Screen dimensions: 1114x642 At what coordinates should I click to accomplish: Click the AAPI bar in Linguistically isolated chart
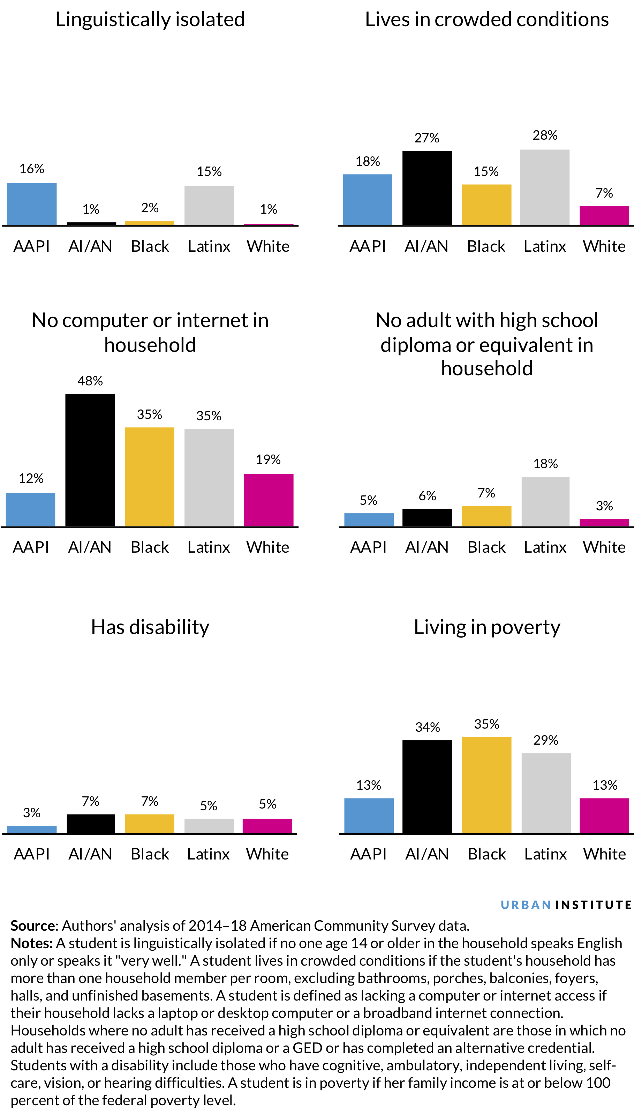point(32,204)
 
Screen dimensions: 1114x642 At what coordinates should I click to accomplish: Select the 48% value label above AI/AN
point(90,381)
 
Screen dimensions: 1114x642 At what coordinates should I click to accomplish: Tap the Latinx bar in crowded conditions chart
point(545,187)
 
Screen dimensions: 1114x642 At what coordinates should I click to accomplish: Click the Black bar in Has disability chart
point(150,824)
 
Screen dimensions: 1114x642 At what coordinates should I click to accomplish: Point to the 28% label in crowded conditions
point(545,135)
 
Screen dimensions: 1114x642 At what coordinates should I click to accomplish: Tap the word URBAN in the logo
point(526,905)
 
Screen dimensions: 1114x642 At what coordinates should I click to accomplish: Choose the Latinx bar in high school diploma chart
point(545,501)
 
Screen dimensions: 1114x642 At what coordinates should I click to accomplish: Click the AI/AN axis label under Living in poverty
point(427,854)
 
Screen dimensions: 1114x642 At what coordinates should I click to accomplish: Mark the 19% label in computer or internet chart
point(268,459)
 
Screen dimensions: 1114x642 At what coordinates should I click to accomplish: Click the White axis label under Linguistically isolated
point(268,246)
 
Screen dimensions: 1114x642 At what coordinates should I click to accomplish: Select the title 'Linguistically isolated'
point(150,20)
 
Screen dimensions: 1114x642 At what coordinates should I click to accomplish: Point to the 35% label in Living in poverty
point(486,724)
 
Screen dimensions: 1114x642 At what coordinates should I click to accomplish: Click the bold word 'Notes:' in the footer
point(32,943)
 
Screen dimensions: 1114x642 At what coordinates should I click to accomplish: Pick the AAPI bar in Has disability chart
point(32,829)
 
